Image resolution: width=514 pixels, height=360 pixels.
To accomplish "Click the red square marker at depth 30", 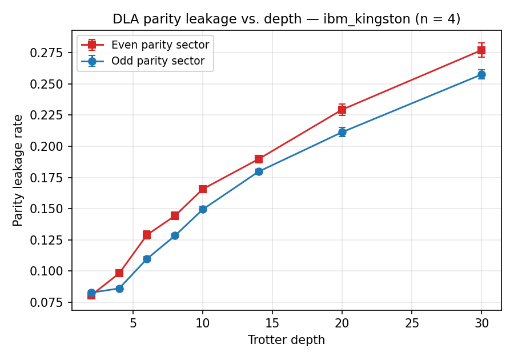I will pos(481,50).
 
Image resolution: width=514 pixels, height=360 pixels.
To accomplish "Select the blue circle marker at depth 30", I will pos(481,74).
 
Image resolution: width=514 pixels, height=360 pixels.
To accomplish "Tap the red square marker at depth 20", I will pos(342,110).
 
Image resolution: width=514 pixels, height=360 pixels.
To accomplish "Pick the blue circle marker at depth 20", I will pos(342,132).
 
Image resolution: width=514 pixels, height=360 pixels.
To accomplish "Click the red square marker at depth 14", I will pos(259,159).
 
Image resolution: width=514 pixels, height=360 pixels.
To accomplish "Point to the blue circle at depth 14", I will pos(259,171).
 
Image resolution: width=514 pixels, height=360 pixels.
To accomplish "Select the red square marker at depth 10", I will pos(203,189).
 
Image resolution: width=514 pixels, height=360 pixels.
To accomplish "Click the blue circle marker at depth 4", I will pos(119,289).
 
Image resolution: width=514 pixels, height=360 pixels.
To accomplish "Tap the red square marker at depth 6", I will pos(147,235).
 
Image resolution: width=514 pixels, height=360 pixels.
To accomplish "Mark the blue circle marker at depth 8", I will pos(175,235).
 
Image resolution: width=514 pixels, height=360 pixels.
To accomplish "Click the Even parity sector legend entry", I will pos(160,45).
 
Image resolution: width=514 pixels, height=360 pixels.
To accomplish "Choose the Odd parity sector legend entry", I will pos(158,61).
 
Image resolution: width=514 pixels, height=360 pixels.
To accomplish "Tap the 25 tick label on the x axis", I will pos(412,323).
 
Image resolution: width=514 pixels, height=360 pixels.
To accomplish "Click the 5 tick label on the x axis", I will pos(133,323).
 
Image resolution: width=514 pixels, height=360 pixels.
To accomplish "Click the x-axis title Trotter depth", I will pos(286,340).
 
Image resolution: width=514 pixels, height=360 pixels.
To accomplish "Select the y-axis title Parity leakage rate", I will pos(18,170).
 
